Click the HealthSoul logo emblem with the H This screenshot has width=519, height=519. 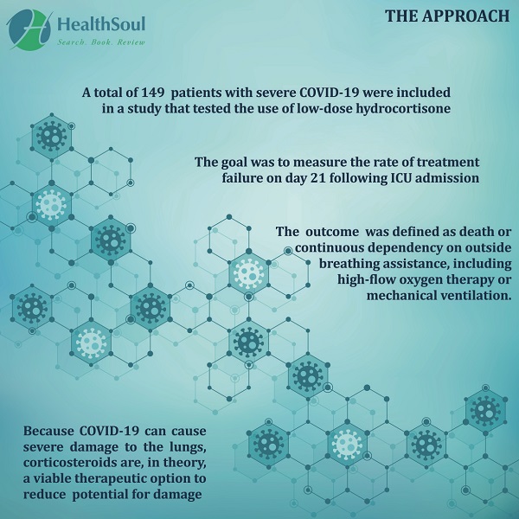(29, 29)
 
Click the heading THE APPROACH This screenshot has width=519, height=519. (447, 16)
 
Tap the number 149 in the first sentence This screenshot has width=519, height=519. (153, 93)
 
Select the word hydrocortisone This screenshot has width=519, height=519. (403, 108)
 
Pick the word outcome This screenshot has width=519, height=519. (332, 231)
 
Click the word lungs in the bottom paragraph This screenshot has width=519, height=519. (188, 447)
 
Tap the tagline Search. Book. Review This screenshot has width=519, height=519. (101, 42)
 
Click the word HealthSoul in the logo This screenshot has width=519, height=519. (101, 24)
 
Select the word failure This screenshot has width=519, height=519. (241, 177)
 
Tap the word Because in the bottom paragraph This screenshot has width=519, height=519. (48, 431)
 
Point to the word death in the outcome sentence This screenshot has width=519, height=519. (477, 231)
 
